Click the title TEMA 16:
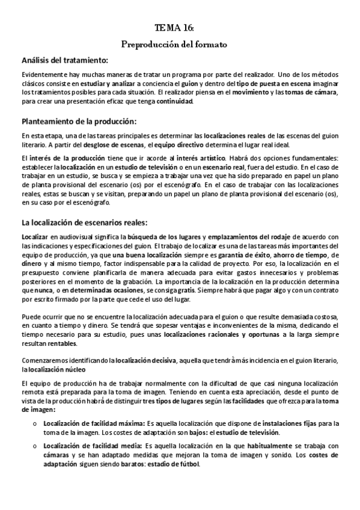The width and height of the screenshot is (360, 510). click(174, 28)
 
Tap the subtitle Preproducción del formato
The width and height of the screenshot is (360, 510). click(174, 45)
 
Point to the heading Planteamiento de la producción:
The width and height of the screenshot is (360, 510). click(79, 121)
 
